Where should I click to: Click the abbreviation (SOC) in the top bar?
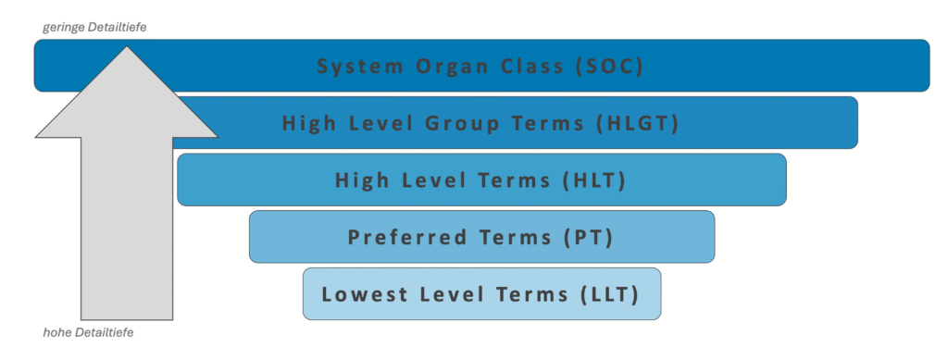(x=606, y=67)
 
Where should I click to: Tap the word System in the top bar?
(x=350, y=67)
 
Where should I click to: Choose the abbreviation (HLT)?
(x=594, y=180)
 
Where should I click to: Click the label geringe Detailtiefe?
(x=95, y=28)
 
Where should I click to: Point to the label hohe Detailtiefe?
(x=89, y=331)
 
